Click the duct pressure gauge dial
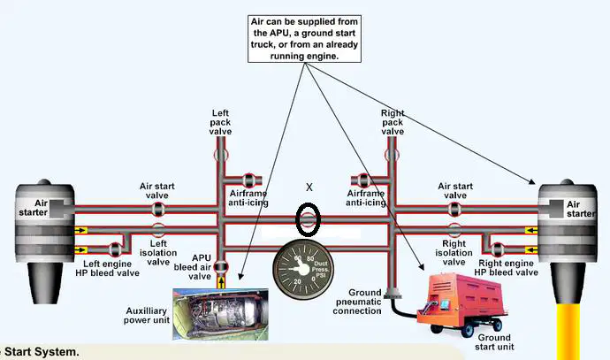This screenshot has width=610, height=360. [x=303, y=269]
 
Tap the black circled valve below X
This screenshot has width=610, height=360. [x=309, y=219]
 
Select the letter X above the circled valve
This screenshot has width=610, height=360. [x=309, y=188]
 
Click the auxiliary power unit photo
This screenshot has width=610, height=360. [x=220, y=314]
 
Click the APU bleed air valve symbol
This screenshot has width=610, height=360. [x=221, y=266]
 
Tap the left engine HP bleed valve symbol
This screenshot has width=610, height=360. [x=115, y=249]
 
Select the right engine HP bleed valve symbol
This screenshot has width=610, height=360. [x=498, y=249]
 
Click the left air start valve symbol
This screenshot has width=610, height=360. [x=158, y=209]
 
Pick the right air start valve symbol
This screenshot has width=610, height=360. [x=454, y=209]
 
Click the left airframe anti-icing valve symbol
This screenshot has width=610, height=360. [x=248, y=180]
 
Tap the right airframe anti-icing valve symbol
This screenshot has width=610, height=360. [x=363, y=180]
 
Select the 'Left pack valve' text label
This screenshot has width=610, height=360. [x=220, y=122]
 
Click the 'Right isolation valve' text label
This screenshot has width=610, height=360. [x=454, y=253]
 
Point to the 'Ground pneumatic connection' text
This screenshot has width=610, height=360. [x=357, y=302]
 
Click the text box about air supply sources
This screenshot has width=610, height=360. [x=305, y=39]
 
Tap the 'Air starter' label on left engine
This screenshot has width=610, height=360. [x=34, y=208]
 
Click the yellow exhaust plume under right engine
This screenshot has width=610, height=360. [x=568, y=332]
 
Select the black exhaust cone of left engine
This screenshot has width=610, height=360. [x=45, y=282]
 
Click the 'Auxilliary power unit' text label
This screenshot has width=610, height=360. [x=147, y=316]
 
